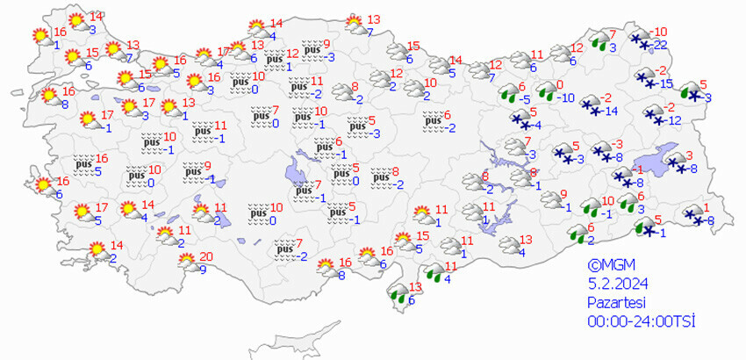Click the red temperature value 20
point(206,257)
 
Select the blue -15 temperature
point(666,83)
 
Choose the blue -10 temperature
point(568,97)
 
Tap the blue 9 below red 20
point(203,270)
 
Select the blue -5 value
point(522,99)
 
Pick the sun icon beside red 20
point(186,261)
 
